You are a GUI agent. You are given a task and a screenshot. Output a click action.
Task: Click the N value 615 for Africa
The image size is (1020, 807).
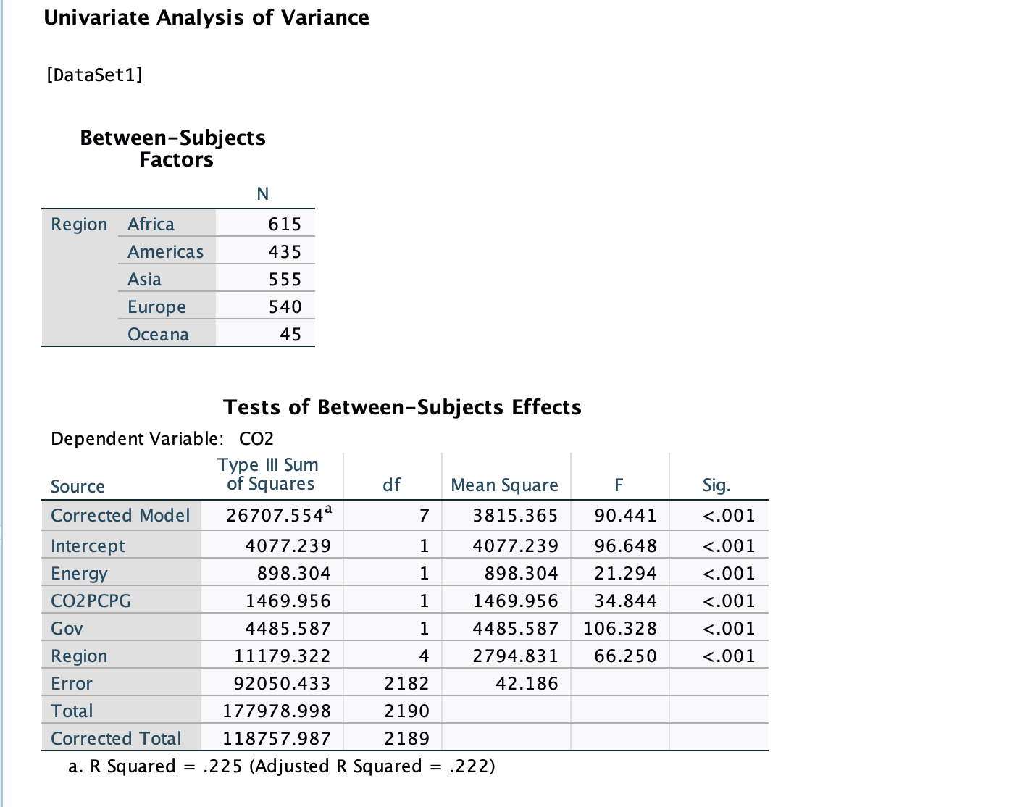tap(285, 225)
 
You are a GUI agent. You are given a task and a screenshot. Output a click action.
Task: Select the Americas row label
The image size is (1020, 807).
tap(165, 252)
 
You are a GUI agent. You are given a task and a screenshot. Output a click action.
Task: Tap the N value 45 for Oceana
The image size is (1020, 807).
tap(290, 335)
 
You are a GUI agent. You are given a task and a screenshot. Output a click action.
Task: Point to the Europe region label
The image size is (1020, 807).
tap(156, 307)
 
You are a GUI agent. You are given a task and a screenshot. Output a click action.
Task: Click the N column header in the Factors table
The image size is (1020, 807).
tap(263, 194)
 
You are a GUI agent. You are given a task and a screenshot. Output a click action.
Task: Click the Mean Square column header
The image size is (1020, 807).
tap(504, 485)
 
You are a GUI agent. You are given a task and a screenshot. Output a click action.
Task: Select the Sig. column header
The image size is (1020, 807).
tap(716, 485)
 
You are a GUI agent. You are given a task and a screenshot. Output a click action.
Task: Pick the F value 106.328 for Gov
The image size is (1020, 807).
tap(620, 629)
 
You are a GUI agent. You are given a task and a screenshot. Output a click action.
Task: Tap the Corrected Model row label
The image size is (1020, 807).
tap(120, 516)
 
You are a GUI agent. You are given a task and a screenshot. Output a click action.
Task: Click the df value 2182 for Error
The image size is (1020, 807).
tap(406, 684)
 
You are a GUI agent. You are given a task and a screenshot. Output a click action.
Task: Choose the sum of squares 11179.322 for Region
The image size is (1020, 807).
tap(282, 656)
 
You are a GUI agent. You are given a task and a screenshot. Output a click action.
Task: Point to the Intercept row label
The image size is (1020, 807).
tap(88, 546)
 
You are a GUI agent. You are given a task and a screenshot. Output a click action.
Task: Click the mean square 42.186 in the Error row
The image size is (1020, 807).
tap(527, 684)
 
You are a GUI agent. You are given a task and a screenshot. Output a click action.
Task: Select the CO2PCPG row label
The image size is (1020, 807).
tap(91, 601)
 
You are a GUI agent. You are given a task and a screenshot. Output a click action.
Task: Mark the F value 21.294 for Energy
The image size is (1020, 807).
tap(625, 574)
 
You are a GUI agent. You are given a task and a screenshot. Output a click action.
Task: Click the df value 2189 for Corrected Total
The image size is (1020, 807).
tap(406, 739)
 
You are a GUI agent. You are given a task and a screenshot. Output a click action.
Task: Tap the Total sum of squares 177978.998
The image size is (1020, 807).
tap(277, 711)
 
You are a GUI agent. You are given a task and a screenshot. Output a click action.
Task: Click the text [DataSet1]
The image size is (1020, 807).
tap(94, 75)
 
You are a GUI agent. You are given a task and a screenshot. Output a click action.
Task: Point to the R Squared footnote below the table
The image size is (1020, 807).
tap(282, 766)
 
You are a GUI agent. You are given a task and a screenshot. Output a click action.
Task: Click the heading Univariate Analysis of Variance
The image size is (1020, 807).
tap(206, 17)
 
